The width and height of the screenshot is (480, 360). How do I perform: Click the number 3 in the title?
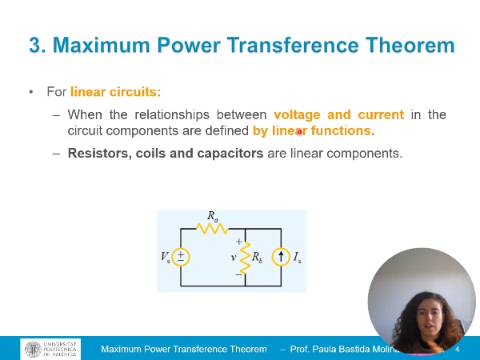(x=36, y=46)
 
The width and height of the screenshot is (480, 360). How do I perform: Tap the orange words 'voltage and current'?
(x=338, y=114)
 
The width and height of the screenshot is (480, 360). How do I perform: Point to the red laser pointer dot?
(x=299, y=132)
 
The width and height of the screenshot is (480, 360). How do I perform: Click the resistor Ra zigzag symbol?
(x=213, y=229)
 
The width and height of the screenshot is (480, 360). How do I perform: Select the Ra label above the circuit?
(x=213, y=216)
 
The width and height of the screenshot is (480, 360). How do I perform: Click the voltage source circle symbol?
(x=181, y=256)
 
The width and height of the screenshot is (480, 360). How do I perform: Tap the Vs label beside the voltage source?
(x=165, y=257)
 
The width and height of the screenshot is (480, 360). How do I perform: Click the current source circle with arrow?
(x=281, y=257)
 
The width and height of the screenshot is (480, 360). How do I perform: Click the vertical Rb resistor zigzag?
(x=245, y=257)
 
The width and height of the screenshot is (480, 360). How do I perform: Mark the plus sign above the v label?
(x=238, y=241)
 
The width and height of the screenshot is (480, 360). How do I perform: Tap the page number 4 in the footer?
(x=457, y=350)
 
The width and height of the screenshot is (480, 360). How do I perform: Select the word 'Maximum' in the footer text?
(x=122, y=350)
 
